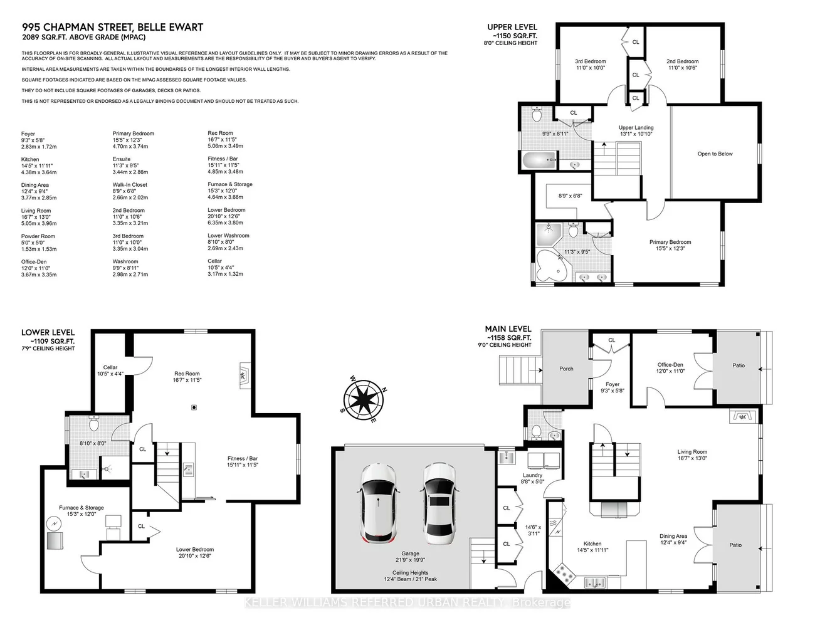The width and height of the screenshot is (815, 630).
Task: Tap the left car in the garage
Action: point(379,503)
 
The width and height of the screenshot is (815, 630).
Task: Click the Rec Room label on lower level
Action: point(187,374)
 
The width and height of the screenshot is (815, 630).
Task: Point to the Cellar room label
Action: point(110,367)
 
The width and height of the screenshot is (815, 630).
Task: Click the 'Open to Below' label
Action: point(715,154)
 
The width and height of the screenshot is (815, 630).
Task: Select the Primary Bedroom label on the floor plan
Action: point(670,242)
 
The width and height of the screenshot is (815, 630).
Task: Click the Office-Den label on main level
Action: point(670,365)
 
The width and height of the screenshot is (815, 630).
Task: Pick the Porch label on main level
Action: point(566,369)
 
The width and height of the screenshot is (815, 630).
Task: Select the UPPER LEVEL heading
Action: point(512,27)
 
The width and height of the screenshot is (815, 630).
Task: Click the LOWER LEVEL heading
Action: point(48,332)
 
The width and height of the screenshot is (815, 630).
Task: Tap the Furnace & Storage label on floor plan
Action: point(81,508)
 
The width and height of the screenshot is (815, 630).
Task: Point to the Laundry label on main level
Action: point(532,475)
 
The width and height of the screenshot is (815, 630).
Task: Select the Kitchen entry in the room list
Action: point(30,159)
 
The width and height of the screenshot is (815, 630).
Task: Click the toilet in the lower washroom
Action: point(94,424)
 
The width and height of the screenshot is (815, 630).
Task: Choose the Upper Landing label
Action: point(636,127)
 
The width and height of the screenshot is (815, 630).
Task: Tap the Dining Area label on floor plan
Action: point(673,536)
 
